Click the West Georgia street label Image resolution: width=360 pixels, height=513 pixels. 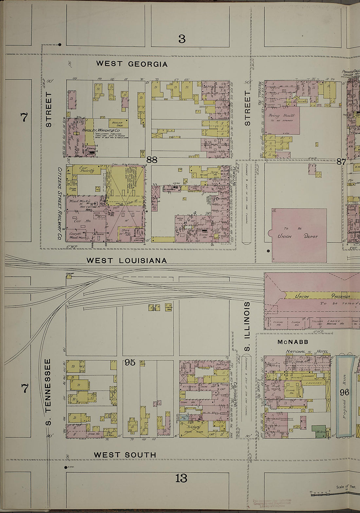(132, 64)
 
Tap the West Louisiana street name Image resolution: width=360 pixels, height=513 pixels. (126, 261)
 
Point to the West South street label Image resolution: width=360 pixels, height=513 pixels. (125, 455)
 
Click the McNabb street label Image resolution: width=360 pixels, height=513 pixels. (293, 342)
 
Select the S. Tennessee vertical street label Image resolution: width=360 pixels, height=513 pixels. (48, 393)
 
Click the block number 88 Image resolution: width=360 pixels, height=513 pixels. (152, 160)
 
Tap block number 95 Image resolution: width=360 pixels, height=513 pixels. (130, 362)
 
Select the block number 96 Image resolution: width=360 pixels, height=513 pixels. (344, 392)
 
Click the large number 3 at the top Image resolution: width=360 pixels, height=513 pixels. (182, 39)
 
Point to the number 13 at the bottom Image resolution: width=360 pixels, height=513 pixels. (181, 478)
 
